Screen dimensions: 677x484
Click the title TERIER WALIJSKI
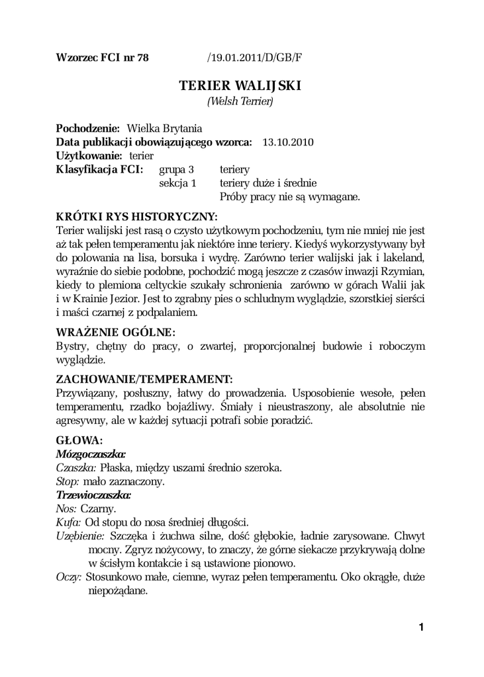pyautogui.click(x=240, y=86)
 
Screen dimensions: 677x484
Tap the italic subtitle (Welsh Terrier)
pyautogui.click(x=240, y=101)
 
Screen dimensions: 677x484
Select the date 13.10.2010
pyautogui.click(x=288, y=141)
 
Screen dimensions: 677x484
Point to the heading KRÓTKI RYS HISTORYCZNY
pyautogui.click(x=137, y=216)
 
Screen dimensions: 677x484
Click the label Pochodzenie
pyautogui.click(x=87, y=128)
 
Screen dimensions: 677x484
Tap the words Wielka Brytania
pyautogui.click(x=164, y=128)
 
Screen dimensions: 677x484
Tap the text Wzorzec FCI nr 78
pyautogui.click(x=103, y=57)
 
